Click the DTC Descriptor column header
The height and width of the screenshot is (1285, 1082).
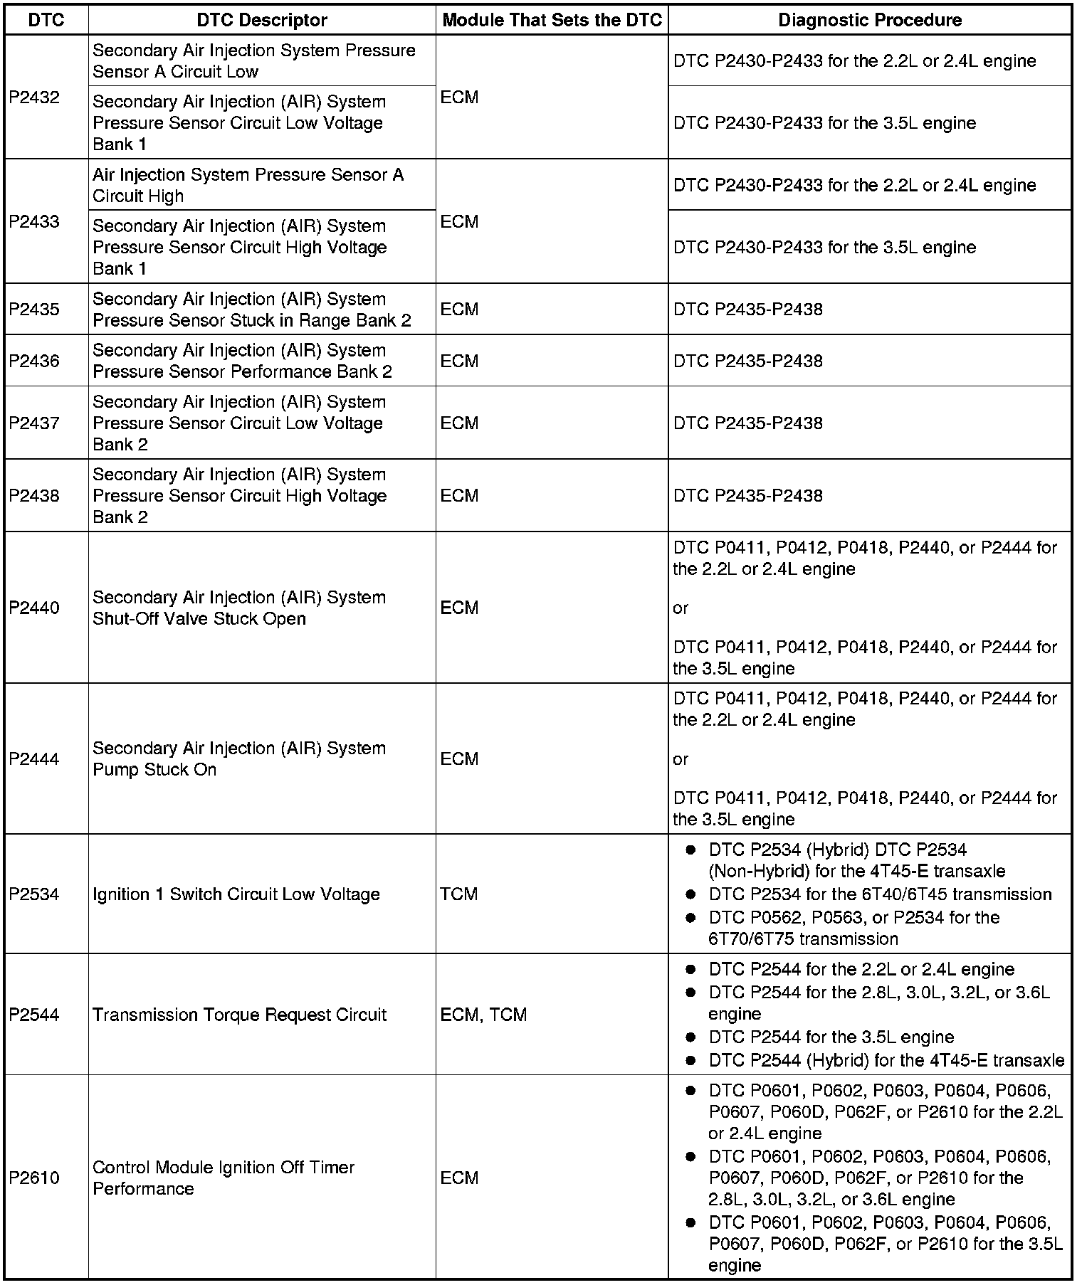click(x=261, y=20)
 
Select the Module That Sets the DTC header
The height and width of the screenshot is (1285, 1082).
click(x=552, y=20)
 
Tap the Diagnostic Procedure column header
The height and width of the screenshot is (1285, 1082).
click(x=869, y=20)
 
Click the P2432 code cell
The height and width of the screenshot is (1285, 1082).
click(x=34, y=97)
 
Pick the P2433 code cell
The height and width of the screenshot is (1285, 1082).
click(x=34, y=221)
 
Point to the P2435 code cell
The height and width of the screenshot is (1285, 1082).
click(x=34, y=309)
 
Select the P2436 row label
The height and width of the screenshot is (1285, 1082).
click(x=34, y=361)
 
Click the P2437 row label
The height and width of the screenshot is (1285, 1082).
click(x=34, y=423)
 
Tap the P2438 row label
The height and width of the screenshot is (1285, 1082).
click(x=34, y=496)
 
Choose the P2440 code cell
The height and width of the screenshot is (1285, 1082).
click(x=34, y=608)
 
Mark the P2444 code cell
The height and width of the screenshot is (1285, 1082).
click(x=34, y=759)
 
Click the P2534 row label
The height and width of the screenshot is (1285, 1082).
click(x=34, y=894)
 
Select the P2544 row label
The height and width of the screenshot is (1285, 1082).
click(x=34, y=1015)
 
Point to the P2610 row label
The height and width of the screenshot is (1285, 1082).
click(x=34, y=1178)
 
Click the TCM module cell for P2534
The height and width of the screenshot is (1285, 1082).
click(x=459, y=894)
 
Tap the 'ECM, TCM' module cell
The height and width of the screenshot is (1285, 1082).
click(x=483, y=1015)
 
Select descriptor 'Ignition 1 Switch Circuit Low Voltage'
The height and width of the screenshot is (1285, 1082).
click(x=236, y=894)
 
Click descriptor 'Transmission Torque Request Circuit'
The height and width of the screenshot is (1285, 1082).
click(x=239, y=1015)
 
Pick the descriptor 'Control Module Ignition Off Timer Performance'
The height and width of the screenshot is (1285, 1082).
click(x=224, y=1178)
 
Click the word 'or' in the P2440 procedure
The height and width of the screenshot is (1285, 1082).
click(x=681, y=608)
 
